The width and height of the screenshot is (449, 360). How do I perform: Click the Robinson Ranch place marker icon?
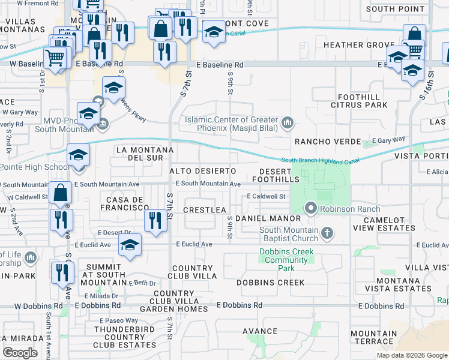point(311,209)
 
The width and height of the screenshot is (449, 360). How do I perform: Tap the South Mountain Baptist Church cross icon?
point(327,233)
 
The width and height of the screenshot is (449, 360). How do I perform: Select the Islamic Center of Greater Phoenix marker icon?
point(288,123)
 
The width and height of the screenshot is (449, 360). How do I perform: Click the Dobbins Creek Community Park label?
point(286,260)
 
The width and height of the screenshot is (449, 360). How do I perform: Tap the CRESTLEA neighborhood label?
point(204,209)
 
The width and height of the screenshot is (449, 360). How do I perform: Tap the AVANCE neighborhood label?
point(260,331)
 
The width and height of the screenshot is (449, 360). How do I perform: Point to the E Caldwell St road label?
point(265,196)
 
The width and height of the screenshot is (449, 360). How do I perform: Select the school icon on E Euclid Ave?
point(130,245)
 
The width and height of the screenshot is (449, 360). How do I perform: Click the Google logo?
point(20,352)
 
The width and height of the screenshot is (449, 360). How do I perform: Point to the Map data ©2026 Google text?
point(411,355)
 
